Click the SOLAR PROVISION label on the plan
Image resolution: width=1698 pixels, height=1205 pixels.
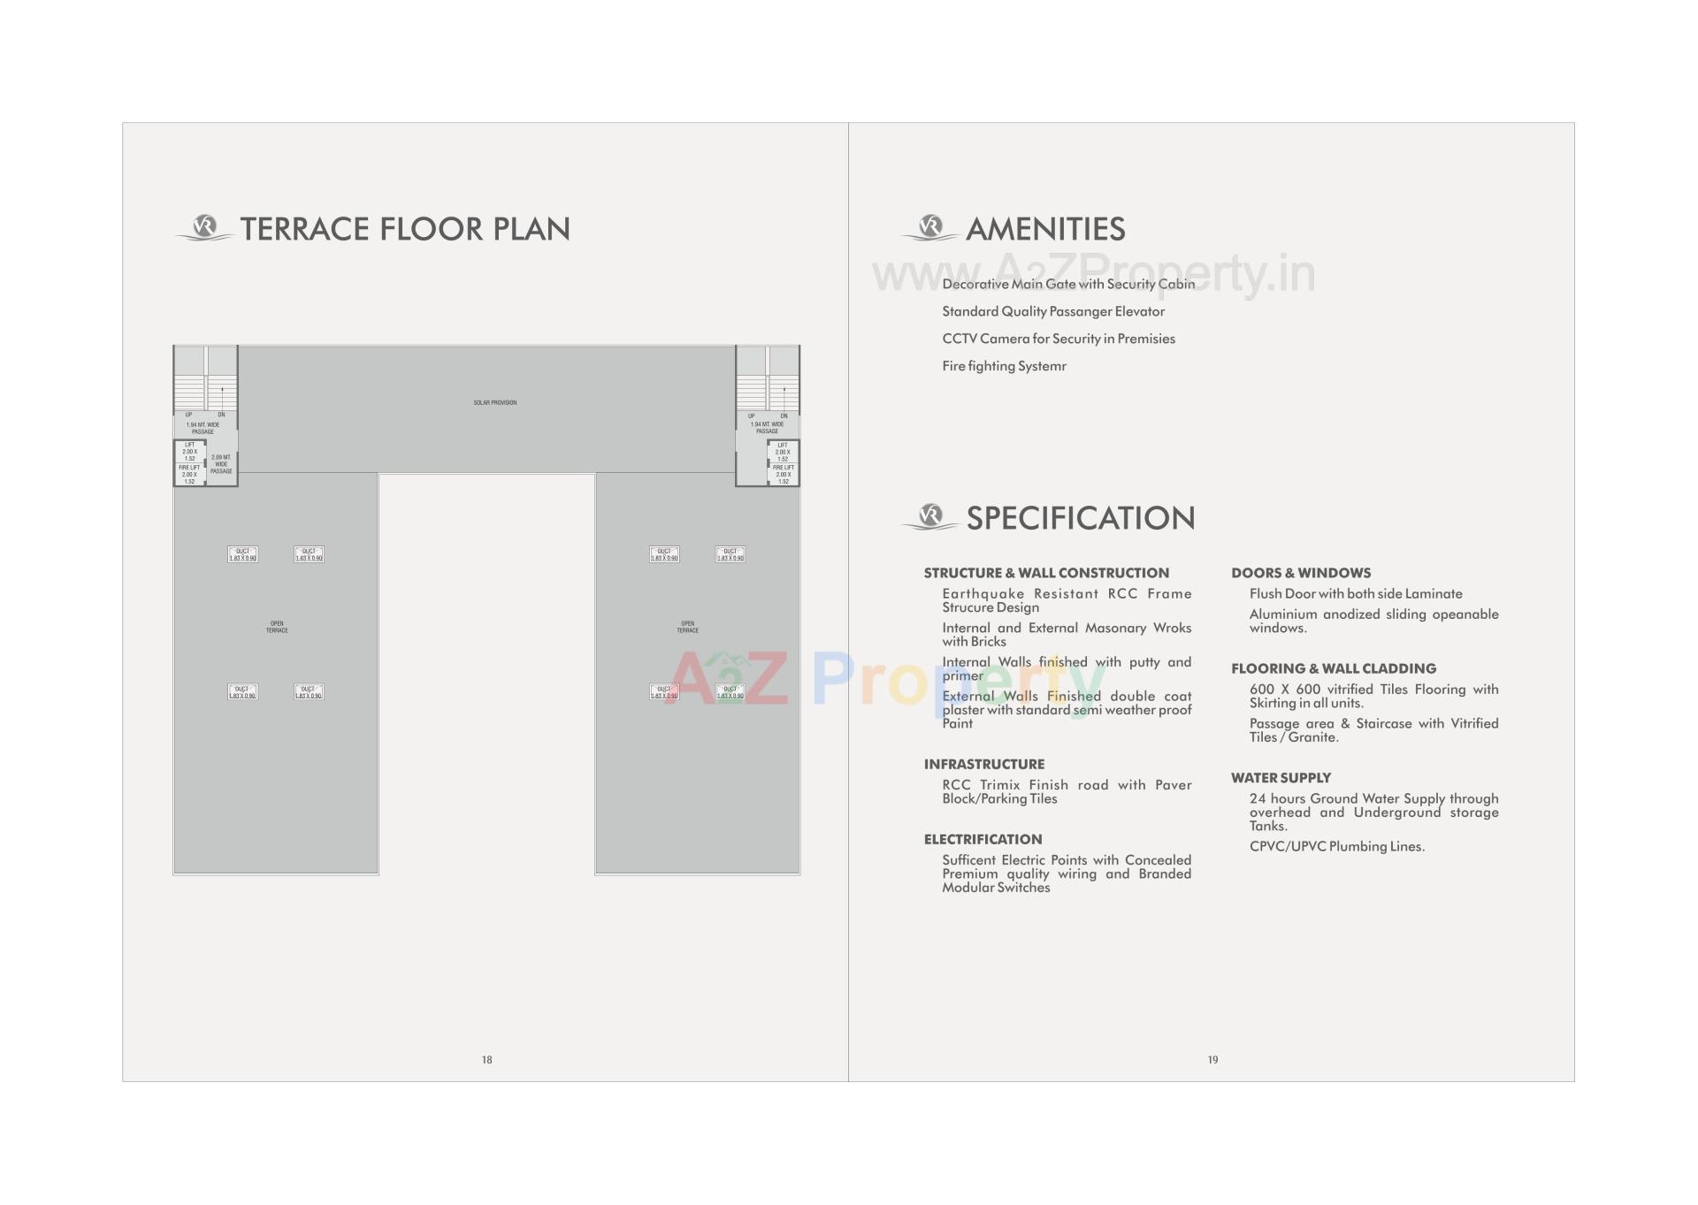(x=494, y=403)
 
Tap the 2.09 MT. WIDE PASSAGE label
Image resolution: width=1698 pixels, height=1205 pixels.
(x=221, y=464)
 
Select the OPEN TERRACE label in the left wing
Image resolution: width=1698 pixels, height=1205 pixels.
(x=277, y=627)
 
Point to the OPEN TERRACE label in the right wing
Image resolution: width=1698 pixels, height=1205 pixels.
(x=687, y=627)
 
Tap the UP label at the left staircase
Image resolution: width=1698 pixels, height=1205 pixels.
(x=188, y=415)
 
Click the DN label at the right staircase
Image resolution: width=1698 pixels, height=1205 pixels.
(x=784, y=416)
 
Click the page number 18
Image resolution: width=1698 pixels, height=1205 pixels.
(x=486, y=1059)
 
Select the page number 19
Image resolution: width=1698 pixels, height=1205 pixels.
(x=1212, y=1059)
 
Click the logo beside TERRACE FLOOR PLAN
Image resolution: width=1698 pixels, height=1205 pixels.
(x=204, y=228)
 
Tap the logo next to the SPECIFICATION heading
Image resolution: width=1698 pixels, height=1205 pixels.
(x=929, y=517)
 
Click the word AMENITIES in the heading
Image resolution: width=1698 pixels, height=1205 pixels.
(x=1045, y=229)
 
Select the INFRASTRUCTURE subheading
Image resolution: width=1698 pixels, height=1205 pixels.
(x=984, y=764)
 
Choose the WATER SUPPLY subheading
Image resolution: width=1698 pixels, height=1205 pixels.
(x=1281, y=778)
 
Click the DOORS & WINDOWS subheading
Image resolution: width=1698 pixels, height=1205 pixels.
(x=1301, y=573)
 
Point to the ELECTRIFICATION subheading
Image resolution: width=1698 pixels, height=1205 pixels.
(x=983, y=839)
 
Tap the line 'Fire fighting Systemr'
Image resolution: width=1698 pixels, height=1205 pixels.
(x=1004, y=366)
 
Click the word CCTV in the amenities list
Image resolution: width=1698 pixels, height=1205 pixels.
(x=959, y=339)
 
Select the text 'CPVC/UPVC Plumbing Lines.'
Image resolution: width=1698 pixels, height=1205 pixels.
(x=1336, y=846)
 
